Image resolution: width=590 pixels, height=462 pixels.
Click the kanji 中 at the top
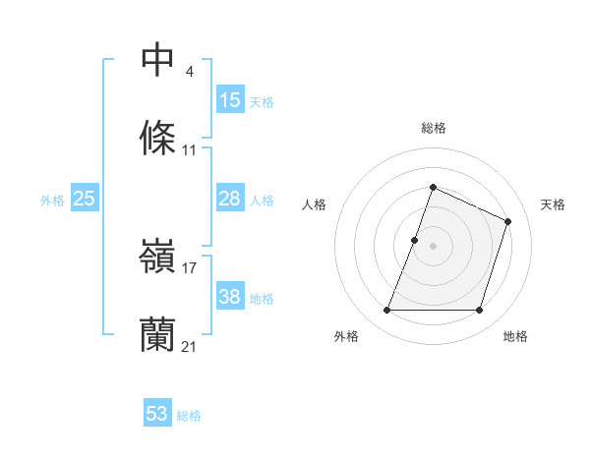click(x=157, y=60)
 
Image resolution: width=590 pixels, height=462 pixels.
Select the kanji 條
click(x=157, y=139)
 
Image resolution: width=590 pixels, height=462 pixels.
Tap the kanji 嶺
click(x=157, y=258)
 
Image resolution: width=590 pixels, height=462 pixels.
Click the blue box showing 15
click(x=230, y=100)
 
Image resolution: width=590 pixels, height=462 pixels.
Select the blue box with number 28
click(x=230, y=199)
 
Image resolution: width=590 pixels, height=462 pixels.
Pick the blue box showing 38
click(x=230, y=297)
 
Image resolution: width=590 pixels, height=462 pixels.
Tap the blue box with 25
click(x=84, y=199)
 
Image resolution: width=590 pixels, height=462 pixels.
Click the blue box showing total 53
click(x=157, y=414)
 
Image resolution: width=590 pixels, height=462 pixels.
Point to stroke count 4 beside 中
click(x=189, y=71)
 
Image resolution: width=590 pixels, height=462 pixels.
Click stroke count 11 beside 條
click(x=190, y=149)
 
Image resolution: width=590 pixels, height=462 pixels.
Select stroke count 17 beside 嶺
click(x=190, y=267)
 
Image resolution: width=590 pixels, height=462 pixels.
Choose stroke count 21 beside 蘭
click(x=190, y=346)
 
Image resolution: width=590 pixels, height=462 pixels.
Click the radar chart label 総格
click(x=433, y=128)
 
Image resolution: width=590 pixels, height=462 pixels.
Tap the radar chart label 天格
click(x=553, y=204)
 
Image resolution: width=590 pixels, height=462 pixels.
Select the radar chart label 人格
click(x=314, y=204)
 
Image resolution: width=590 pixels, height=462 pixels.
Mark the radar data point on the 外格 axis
click(x=386, y=311)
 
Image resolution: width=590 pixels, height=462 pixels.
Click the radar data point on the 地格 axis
click(x=480, y=311)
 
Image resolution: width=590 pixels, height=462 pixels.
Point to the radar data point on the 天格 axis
click(x=508, y=221)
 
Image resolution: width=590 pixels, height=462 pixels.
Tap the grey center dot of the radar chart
click(x=433, y=246)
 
